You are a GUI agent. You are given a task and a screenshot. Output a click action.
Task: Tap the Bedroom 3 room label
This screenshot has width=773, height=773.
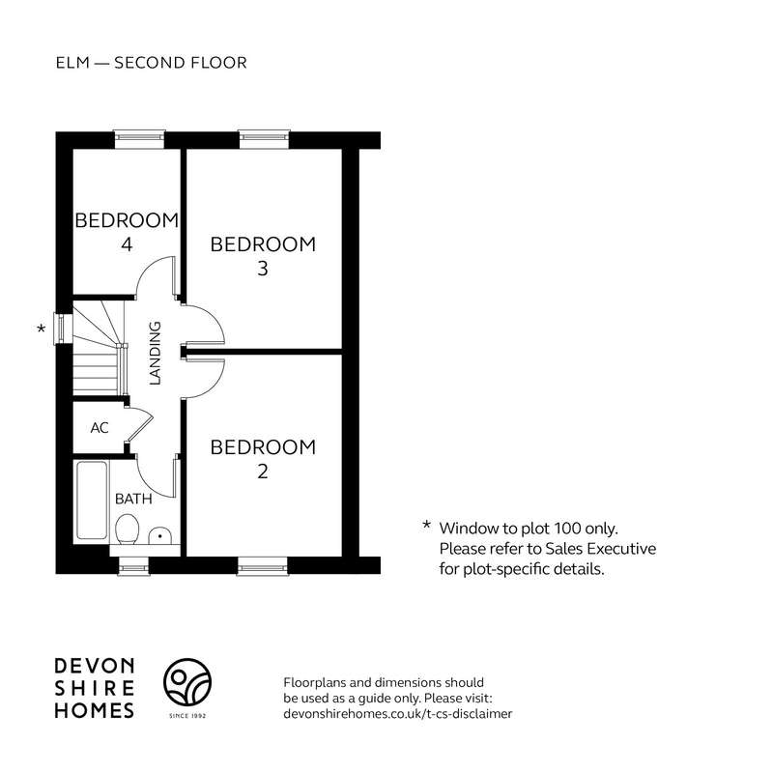tap(263, 256)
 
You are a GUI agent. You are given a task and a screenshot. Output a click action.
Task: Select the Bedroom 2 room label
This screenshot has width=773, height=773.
tap(263, 459)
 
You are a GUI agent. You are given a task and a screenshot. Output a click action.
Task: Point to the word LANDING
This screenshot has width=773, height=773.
tap(156, 353)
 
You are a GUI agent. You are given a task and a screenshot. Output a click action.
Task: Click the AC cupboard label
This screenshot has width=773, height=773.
tap(100, 427)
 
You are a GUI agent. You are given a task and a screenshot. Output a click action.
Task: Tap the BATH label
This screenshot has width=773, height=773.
tap(133, 499)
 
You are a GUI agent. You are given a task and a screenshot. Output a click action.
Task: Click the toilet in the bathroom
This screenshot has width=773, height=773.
tap(128, 529)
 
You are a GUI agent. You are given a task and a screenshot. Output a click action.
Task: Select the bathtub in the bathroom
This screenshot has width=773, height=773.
tap(92, 501)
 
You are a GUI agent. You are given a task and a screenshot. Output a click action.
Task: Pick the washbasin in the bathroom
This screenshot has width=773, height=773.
tap(159, 536)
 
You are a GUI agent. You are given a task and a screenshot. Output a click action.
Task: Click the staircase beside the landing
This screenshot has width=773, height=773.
tap(99, 348)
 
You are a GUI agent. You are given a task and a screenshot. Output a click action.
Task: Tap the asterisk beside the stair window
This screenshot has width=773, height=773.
tap(42, 329)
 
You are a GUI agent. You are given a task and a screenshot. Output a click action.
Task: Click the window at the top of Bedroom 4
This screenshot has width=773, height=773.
tap(139, 139)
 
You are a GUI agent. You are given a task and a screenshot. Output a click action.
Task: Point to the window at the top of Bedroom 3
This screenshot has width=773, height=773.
tap(264, 139)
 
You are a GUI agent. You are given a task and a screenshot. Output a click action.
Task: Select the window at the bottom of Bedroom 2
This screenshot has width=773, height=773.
tap(262, 566)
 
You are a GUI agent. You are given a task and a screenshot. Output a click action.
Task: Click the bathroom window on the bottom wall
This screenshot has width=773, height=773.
tap(133, 566)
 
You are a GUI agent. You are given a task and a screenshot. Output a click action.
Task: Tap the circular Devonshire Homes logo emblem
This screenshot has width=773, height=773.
tap(187, 682)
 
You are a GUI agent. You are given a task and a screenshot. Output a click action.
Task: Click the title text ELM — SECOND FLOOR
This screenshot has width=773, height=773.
tap(152, 63)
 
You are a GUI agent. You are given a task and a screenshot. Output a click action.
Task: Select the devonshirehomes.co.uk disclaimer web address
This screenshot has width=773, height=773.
tap(398, 713)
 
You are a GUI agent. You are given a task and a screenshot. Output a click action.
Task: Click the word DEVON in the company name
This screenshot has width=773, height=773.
tap(94, 666)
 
